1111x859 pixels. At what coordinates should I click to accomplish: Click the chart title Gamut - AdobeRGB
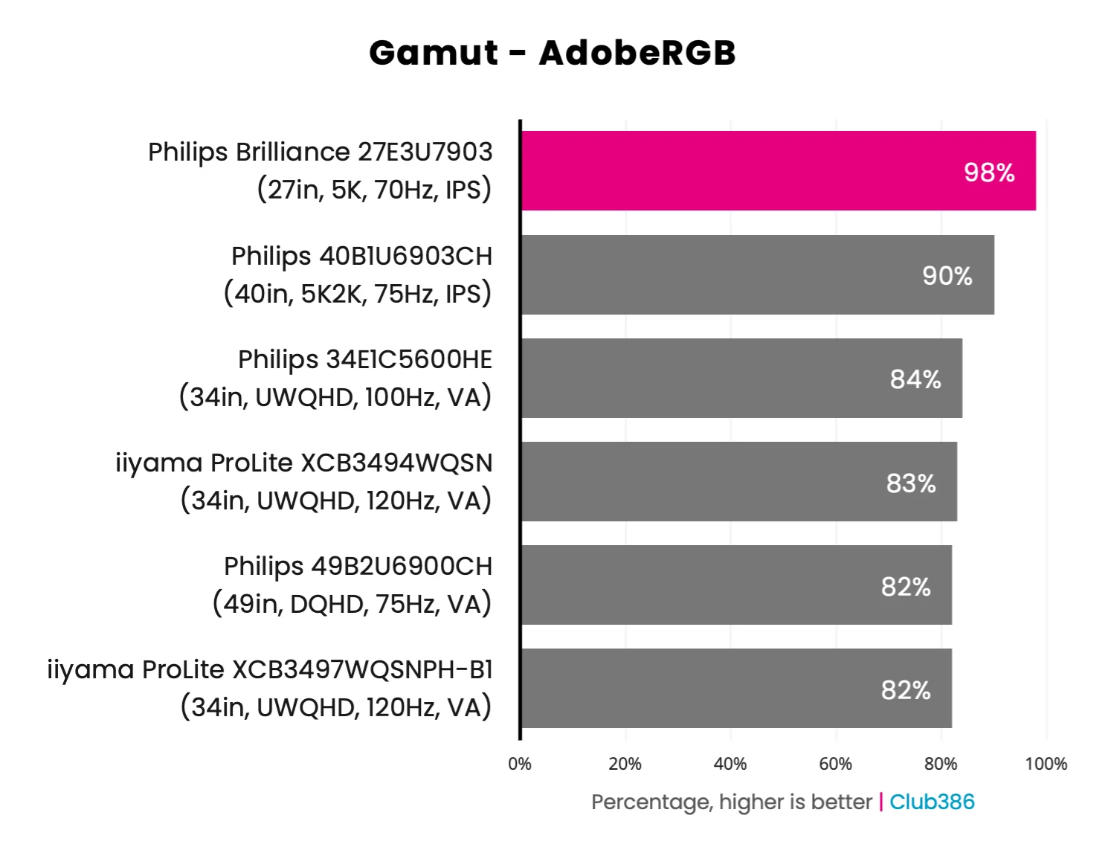[x=553, y=53]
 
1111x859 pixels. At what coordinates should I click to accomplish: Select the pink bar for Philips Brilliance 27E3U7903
[x=744, y=171]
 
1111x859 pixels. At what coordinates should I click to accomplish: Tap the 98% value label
[x=989, y=173]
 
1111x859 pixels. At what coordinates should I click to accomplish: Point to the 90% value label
[x=947, y=276]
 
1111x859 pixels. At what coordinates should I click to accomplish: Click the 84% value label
[x=915, y=379]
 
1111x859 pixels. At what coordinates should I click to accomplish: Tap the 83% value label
[x=911, y=483]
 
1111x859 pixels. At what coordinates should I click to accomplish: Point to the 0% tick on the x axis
[x=520, y=764]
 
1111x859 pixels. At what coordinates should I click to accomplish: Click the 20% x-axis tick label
[x=625, y=764]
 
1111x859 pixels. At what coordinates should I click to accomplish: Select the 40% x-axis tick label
[x=730, y=764]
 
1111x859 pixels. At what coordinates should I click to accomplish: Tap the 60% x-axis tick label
[x=835, y=764]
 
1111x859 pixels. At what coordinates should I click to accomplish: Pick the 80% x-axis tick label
[x=941, y=764]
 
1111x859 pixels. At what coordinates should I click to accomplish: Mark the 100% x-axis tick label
[x=1046, y=764]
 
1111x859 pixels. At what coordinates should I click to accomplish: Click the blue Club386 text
[x=932, y=802]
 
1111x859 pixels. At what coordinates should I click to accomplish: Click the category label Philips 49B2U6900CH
[x=358, y=567]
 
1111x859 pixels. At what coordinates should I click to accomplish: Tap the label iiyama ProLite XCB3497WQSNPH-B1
[x=269, y=670]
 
